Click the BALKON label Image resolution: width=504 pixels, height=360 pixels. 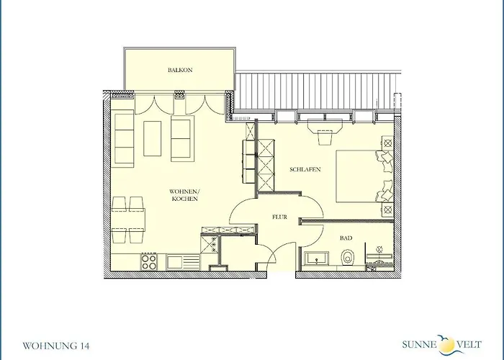tap(180, 70)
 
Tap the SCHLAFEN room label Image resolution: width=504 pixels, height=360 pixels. tap(305, 169)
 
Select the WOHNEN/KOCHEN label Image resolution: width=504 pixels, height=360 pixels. tap(184, 195)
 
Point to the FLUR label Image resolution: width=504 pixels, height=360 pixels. tap(279, 217)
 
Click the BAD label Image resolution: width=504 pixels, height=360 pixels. tap(346, 238)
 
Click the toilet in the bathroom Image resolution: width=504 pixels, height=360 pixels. tap(347, 258)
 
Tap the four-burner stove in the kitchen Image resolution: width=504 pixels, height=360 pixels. tap(149, 261)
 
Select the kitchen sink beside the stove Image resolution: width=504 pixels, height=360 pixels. tap(183, 262)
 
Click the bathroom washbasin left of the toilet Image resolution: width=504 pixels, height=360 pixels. tap(317, 258)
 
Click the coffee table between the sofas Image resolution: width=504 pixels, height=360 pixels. tap(153, 138)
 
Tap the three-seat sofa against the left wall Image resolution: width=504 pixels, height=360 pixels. tap(124, 138)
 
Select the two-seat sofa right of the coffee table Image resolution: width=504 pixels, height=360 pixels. tap(182, 138)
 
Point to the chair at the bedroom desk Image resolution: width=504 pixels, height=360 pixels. tap(325, 138)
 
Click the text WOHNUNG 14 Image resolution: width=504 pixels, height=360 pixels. tap(56, 346)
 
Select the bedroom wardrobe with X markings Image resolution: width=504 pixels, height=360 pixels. tap(266, 165)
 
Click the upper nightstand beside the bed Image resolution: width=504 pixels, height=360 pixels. tap(388, 142)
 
